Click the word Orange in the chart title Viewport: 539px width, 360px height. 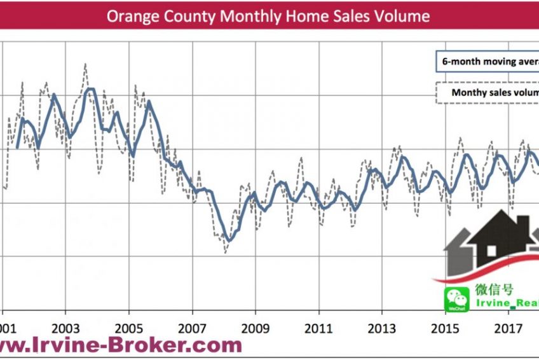pyautogui.click(x=130, y=16)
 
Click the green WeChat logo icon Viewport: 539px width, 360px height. pyautogui.click(x=456, y=298)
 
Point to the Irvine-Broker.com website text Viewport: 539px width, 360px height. pyautogui.click(x=121, y=345)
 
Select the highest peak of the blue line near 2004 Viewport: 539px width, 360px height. pyautogui.click(x=90, y=89)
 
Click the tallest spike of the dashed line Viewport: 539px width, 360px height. pyautogui.click(x=85, y=64)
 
